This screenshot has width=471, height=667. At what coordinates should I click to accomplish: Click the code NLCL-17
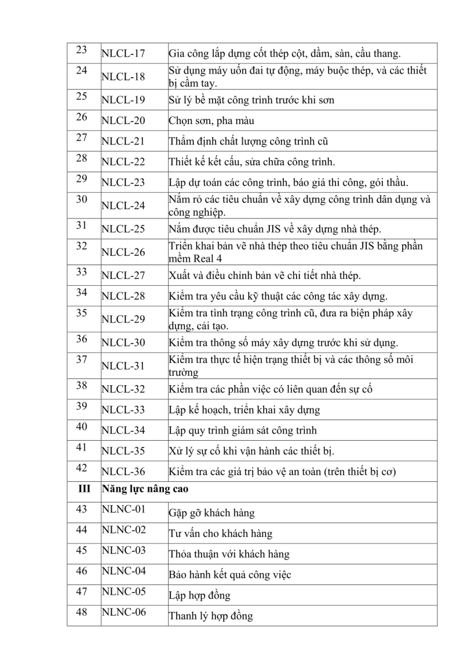123,54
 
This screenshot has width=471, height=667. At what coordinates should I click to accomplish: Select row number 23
82,50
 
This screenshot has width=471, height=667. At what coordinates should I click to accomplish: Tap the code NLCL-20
123,121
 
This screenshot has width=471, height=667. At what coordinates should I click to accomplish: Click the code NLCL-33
123,410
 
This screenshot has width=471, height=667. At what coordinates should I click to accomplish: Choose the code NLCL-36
123,472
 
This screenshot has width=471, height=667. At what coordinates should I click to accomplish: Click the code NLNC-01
123,510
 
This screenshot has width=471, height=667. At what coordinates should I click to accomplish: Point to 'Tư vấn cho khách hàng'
221,534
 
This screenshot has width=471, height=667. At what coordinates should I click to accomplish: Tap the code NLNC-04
123,571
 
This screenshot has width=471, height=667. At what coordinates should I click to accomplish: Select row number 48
82,612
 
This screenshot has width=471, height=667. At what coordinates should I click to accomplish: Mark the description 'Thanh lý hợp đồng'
211,616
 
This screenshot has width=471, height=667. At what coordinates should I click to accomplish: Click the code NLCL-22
123,162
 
